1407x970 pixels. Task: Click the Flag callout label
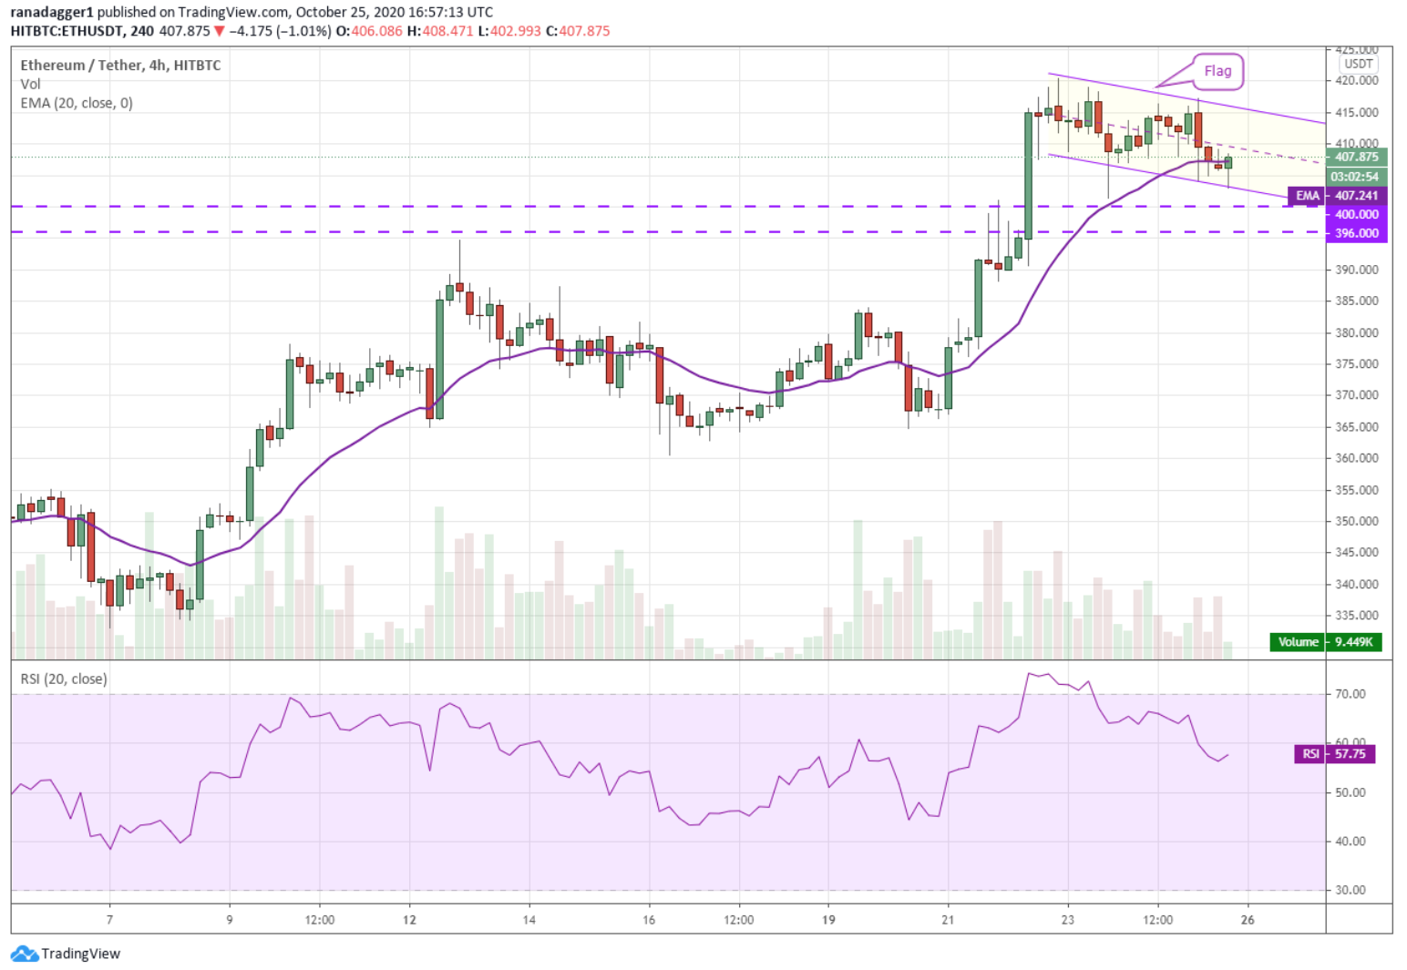coord(1217,71)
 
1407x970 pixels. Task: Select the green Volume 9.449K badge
coord(1326,642)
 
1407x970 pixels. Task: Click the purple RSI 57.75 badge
coord(1334,754)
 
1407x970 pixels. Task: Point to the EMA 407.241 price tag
coord(1337,196)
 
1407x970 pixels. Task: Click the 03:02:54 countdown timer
coord(1355,177)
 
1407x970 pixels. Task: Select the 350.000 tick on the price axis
coord(1357,522)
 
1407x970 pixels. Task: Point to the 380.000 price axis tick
coord(1357,333)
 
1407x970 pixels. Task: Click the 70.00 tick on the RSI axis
coord(1351,694)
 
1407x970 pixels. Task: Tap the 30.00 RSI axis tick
coord(1351,890)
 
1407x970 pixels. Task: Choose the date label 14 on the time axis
coord(529,920)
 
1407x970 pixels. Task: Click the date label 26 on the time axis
coord(1248,920)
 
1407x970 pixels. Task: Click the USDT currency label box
coord(1359,64)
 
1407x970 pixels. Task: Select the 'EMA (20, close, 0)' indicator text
coord(77,103)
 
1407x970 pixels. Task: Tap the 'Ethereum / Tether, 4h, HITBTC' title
coord(120,66)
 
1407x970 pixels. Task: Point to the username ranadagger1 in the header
coord(52,12)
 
